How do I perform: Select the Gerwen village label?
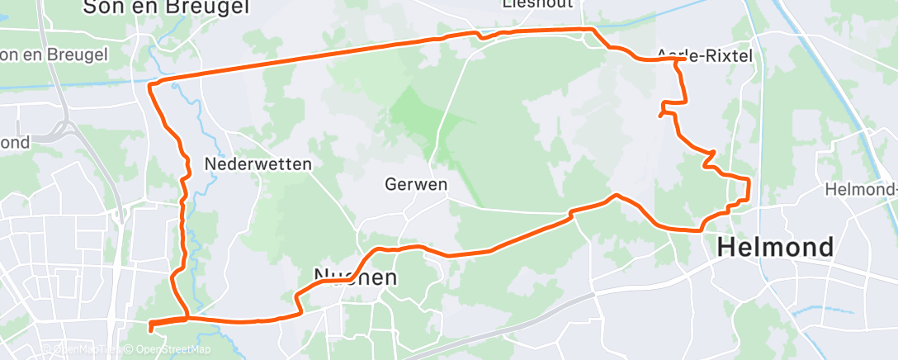click(x=416, y=184)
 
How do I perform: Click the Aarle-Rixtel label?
click(x=705, y=55)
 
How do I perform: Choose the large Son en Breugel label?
click(x=166, y=7)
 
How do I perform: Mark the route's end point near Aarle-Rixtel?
click(x=660, y=116)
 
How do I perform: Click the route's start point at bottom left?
click(x=150, y=329)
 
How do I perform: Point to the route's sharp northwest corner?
click(x=149, y=85)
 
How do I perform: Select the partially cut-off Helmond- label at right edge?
click(x=861, y=190)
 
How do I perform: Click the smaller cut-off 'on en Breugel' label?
click(x=54, y=54)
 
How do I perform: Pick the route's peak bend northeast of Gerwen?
click(x=614, y=196)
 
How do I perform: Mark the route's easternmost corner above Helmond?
click(x=748, y=181)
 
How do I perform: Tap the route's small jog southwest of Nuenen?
click(x=298, y=302)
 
